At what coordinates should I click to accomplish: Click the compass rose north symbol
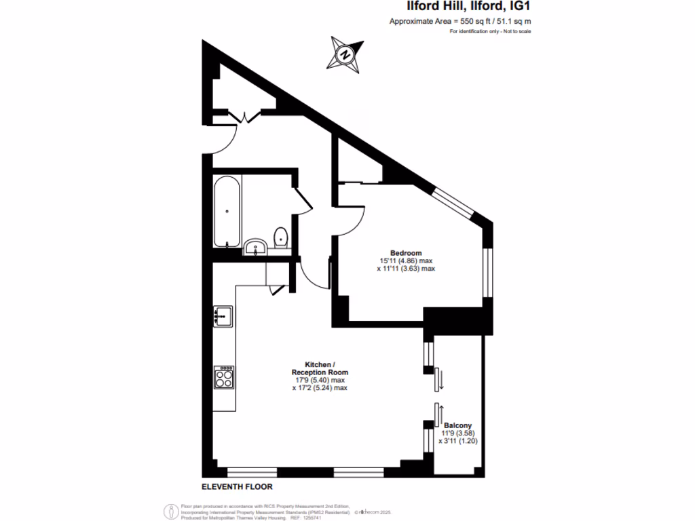pyautogui.click(x=345, y=54)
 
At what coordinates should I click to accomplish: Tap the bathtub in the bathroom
pyautogui.click(x=226, y=212)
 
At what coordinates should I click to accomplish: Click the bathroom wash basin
pyautogui.click(x=256, y=246)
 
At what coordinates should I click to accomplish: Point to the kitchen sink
pyautogui.click(x=223, y=316)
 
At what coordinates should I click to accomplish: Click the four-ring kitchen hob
pyautogui.click(x=225, y=377)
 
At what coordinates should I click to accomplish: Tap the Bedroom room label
pyautogui.click(x=406, y=252)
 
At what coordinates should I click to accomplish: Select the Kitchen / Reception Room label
pyautogui.click(x=320, y=368)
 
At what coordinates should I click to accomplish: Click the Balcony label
pyautogui.click(x=457, y=425)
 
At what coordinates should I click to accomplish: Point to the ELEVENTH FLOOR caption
pyautogui.click(x=237, y=487)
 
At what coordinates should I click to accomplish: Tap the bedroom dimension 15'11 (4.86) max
pyautogui.click(x=406, y=260)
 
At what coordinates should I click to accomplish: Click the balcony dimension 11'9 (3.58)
pyautogui.click(x=458, y=433)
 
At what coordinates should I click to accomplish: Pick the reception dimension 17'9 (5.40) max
pyautogui.click(x=320, y=380)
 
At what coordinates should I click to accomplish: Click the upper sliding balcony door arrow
pyautogui.click(x=440, y=379)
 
